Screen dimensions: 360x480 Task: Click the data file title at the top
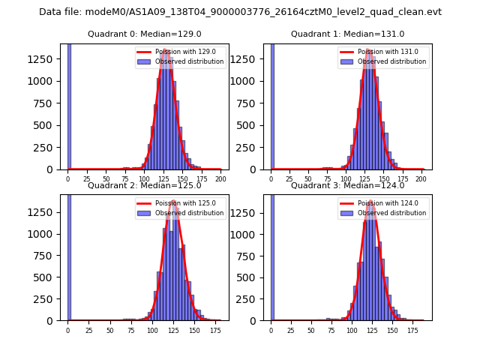coord(240,12)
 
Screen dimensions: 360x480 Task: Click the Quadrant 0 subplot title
coord(144,34)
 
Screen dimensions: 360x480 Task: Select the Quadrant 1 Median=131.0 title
coord(347,34)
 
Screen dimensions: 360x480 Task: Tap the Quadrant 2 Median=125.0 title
coord(144,185)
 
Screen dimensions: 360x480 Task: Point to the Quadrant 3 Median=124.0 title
coord(347,185)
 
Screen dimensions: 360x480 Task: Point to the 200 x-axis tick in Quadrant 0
coord(220,179)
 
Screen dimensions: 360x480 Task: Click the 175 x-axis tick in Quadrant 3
coord(412,330)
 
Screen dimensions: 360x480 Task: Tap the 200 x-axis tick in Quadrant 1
coord(424,179)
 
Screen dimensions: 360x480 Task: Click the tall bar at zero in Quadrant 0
coord(69,105)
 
